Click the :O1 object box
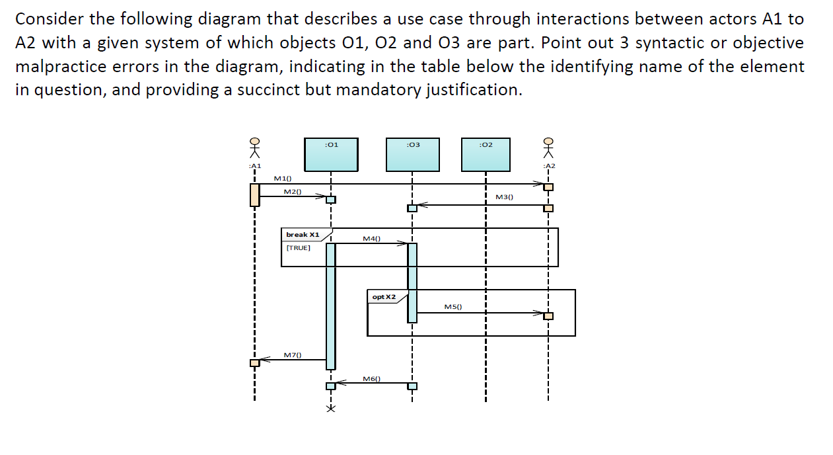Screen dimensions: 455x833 (331, 154)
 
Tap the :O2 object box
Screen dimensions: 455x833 (486, 154)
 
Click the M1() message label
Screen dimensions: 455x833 (283, 178)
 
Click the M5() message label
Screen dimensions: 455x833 (453, 307)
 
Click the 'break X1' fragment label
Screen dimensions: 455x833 (303, 235)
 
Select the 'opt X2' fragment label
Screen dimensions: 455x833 (384, 297)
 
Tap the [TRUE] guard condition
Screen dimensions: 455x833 (298, 247)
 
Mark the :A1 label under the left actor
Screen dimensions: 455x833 (254, 165)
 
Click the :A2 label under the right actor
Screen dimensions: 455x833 (548, 165)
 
